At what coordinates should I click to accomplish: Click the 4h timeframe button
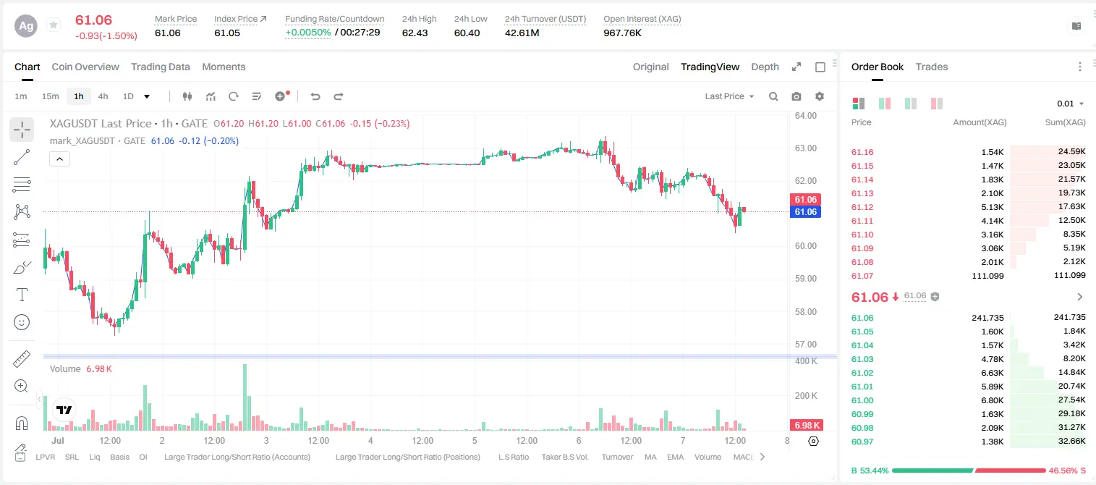103,96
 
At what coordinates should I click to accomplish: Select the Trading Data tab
161,67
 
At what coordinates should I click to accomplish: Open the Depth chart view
765,67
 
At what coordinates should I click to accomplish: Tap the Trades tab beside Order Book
932,67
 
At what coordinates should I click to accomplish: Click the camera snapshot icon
796,96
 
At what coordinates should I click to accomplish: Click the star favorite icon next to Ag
54,25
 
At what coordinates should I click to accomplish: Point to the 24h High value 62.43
415,33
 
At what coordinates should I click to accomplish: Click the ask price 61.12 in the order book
862,207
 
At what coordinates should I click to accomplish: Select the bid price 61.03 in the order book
862,359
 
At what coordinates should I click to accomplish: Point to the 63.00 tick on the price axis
805,148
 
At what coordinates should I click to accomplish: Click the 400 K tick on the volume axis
806,361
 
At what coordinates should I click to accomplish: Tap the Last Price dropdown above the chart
729,96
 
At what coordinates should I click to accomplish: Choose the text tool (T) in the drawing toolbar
22,295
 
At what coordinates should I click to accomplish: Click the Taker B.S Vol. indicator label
564,457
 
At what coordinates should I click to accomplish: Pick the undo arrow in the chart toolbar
315,96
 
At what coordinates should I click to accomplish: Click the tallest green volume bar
245,397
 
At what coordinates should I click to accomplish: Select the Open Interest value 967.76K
622,33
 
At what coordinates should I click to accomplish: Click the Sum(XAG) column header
1065,122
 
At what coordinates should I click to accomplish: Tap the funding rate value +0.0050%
307,33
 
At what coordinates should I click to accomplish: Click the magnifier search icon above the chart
773,96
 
